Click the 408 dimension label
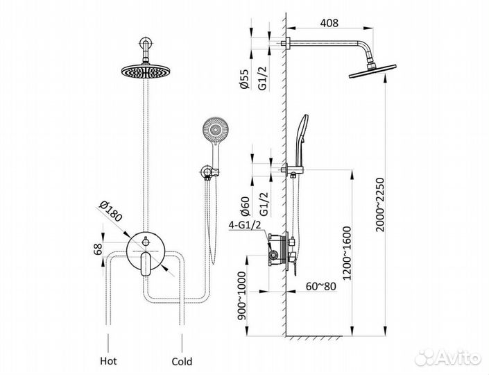(x=329, y=22)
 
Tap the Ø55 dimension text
(x=245, y=79)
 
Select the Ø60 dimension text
(x=245, y=206)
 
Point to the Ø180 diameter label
(x=110, y=211)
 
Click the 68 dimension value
(x=98, y=249)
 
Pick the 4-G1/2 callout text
(x=244, y=224)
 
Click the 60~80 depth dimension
(x=320, y=286)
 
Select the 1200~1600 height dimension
(x=347, y=253)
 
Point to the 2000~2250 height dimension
(x=381, y=205)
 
